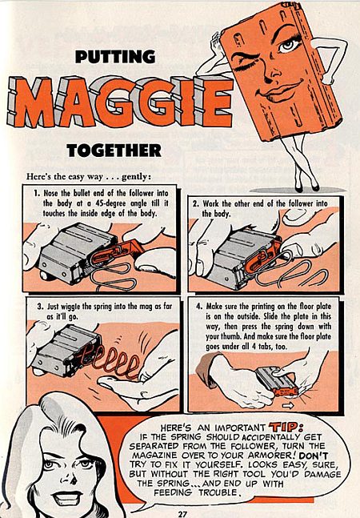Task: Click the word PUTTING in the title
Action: coord(115,57)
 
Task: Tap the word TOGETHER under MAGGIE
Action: coord(114,151)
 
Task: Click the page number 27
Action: coord(182,514)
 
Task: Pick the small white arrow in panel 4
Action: coord(288,405)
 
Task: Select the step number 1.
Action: coord(37,193)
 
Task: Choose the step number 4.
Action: coord(198,307)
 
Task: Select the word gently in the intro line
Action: coord(135,177)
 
